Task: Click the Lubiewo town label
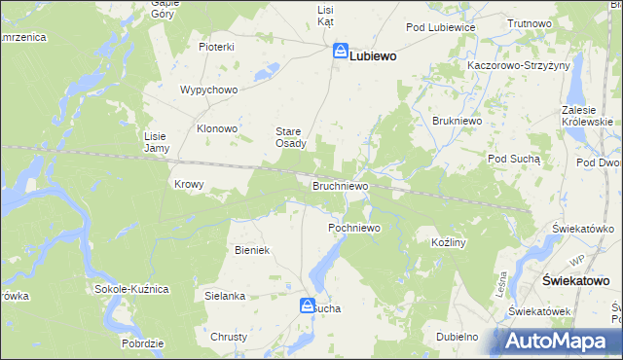pyautogui.click(x=373, y=56)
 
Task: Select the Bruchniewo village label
pyautogui.click(x=340, y=185)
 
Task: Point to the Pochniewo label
pyautogui.click(x=353, y=228)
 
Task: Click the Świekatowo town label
pyautogui.click(x=574, y=280)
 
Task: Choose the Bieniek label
pyautogui.click(x=251, y=250)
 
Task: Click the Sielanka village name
pyautogui.click(x=225, y=295)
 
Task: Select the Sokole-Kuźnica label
pyautogui.click(x=132, y=290)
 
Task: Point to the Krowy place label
pyautogui.click(x=188, y=184)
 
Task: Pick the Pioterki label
pyautogui.click(x=217, y=47)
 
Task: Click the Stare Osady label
pyautogui.click(x=290, y=137)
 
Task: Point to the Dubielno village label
pyautogui.click(x=458, y=337)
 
